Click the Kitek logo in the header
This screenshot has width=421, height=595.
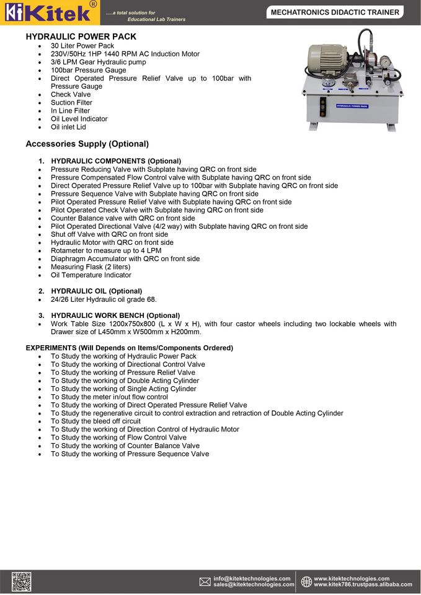tap(50, 12)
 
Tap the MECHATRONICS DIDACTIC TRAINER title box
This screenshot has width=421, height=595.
tap(335, 12)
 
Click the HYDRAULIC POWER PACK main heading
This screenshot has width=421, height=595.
tap(81, 37)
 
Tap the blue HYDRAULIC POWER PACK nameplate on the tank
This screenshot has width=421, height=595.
tap(352, 106)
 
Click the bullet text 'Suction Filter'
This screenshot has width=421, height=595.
tap(71, 103)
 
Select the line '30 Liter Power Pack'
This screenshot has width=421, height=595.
tap(82, 46)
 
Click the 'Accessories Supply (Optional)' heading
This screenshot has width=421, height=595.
tap(87, 144)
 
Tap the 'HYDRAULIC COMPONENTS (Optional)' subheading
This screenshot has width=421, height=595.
tap(116, 161)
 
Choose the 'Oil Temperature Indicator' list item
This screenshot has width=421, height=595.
tap(91, 275)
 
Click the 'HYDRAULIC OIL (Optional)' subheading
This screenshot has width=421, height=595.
tap(96, 291)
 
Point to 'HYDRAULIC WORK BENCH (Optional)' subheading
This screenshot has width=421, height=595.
tap(115, 315)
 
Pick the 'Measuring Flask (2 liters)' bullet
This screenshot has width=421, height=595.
tap(91, 267)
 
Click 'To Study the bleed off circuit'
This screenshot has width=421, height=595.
tap(95, 421)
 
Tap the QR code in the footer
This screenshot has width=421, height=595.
tap(20, 581)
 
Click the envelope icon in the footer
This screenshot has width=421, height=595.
tap(205, 581)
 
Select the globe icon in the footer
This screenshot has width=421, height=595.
tap(306, 581)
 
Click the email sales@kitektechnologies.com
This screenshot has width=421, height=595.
tap(254, 584)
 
